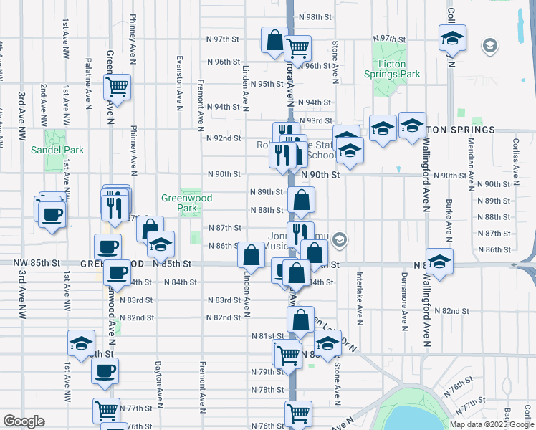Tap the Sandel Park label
(x=57, y=150)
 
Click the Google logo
(x=24, y=421)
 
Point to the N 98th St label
(x=320, y=16)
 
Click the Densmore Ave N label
(x=404, y=294)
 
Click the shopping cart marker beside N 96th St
(x=297, y=48)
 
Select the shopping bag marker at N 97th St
(x=274, y=40)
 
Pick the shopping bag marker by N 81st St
(x=301, y=320)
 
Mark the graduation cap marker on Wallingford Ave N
(x=439, y=260)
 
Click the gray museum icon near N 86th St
(x=340, y=241)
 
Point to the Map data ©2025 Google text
(x=491, y=424)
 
